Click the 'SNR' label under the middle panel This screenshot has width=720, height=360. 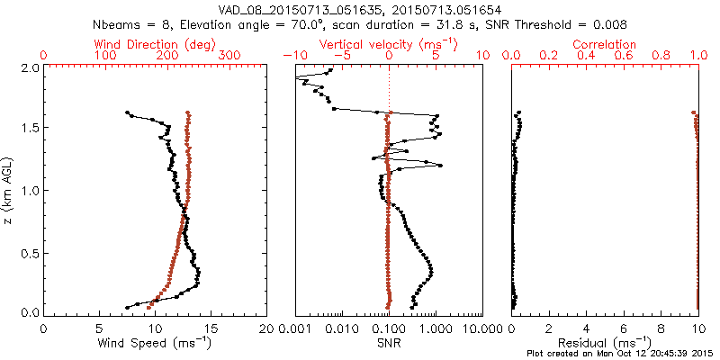click(389, 343)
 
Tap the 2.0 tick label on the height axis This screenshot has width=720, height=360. click(29, 68)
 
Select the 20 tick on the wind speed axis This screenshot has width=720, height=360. click(267, 328)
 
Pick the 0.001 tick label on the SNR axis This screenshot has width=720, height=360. click(295, 328)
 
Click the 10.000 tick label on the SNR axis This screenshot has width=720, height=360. click(482, 328)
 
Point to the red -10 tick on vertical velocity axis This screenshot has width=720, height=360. click(290, 56)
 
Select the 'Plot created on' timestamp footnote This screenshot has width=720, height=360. click(623, 354)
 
